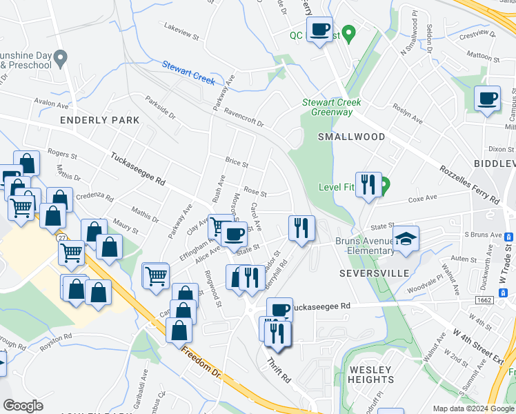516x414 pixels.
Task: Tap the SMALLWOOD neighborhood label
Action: click(351, 137)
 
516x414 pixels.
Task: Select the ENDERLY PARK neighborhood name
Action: click(100, 120)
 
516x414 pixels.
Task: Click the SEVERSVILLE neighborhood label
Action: click(366, 273)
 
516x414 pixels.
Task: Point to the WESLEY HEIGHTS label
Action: click(371, 375)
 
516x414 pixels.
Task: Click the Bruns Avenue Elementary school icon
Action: click(407, 238)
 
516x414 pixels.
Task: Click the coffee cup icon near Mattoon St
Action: click(488, 99)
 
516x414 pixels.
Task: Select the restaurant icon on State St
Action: click(301, 228)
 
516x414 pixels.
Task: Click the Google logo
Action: click(23, 406)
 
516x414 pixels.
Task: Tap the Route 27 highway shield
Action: click(61, 237)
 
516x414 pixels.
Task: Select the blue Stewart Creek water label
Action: click(190, 70)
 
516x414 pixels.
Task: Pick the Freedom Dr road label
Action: click(200, 362)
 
